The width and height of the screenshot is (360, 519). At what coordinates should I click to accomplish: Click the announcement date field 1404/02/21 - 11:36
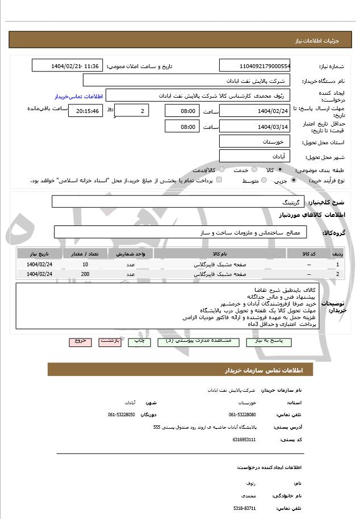[67, 66]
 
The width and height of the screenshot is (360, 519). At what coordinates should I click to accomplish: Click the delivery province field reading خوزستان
[254, 141]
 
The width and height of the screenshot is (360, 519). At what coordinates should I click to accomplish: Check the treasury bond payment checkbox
[219, 180]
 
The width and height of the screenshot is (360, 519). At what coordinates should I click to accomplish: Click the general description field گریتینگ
[178, 202]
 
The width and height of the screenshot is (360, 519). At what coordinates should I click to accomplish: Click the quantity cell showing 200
[85, 274]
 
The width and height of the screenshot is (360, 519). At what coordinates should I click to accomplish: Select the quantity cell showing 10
[85, 265]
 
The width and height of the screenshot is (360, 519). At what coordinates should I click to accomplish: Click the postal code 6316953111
[245, 440]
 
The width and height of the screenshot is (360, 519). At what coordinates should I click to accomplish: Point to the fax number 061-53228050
[121, 415]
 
